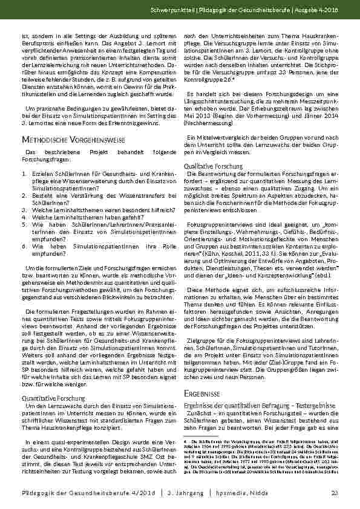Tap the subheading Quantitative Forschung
53,398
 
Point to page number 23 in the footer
334,494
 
